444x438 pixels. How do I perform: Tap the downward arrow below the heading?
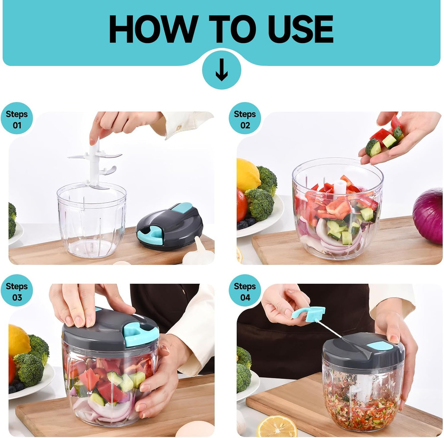222,70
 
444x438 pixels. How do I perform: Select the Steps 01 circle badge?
16,119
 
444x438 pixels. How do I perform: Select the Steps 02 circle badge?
245,119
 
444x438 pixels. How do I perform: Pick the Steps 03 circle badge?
16,291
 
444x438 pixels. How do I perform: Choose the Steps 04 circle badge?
245,291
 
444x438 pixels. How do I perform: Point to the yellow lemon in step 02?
247,175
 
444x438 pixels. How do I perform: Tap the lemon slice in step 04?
277,427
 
